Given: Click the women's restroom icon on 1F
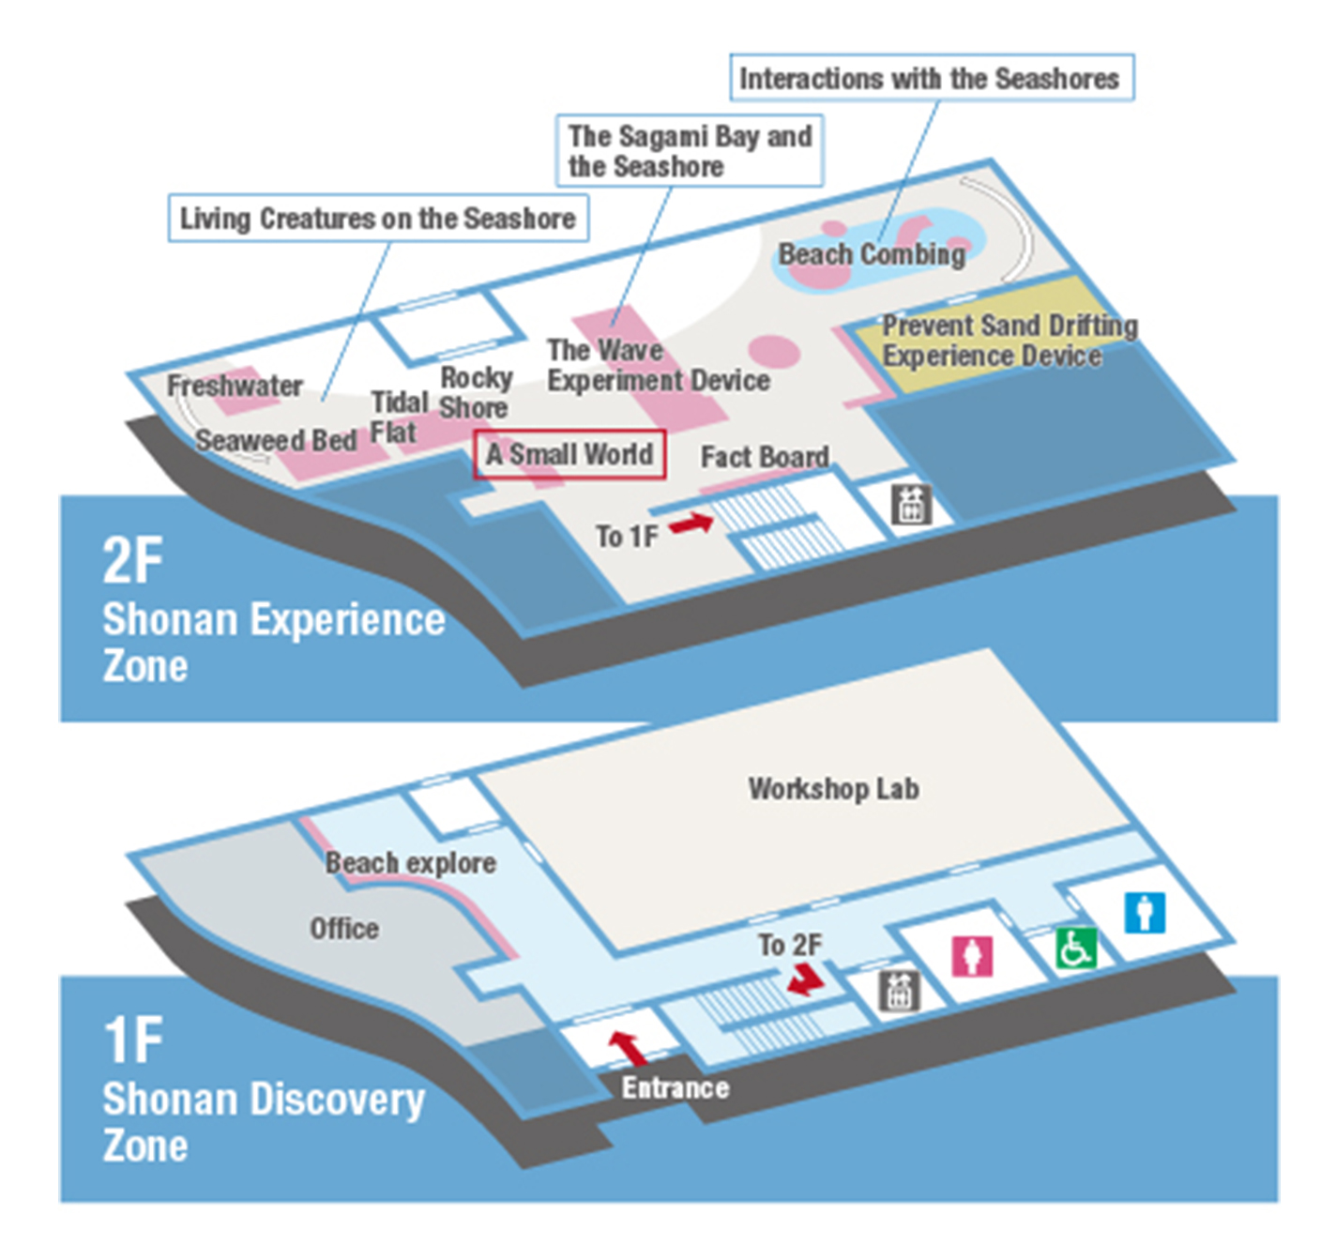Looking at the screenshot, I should tap(972, 956).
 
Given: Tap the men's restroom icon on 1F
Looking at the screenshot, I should tap(1145, 912).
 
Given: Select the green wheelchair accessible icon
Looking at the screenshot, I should tap(1075, 948).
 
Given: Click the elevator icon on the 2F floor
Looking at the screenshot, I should tap(910, 505).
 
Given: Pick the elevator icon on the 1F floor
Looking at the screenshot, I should tap(899, 991).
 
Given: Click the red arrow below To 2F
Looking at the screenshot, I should tap(805, 979).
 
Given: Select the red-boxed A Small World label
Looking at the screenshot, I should tap(569, 454).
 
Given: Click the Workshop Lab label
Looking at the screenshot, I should tap(833, 789).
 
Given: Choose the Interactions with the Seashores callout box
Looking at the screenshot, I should tap(931, 78).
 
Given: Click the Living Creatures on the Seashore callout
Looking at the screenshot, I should tap(378, 219).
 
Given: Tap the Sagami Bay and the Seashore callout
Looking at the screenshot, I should tap(690, 151).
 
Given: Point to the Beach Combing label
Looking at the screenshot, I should tap(872, 254).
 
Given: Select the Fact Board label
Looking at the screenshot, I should tap(765, 457).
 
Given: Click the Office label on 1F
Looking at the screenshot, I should tap(344, 929).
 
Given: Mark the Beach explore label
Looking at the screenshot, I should tap(410, 863).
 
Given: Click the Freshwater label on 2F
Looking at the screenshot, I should tap(235, 386).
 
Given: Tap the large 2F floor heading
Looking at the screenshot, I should tap(132, 561).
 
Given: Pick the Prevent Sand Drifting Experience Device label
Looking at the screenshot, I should tap(1009, 341).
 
